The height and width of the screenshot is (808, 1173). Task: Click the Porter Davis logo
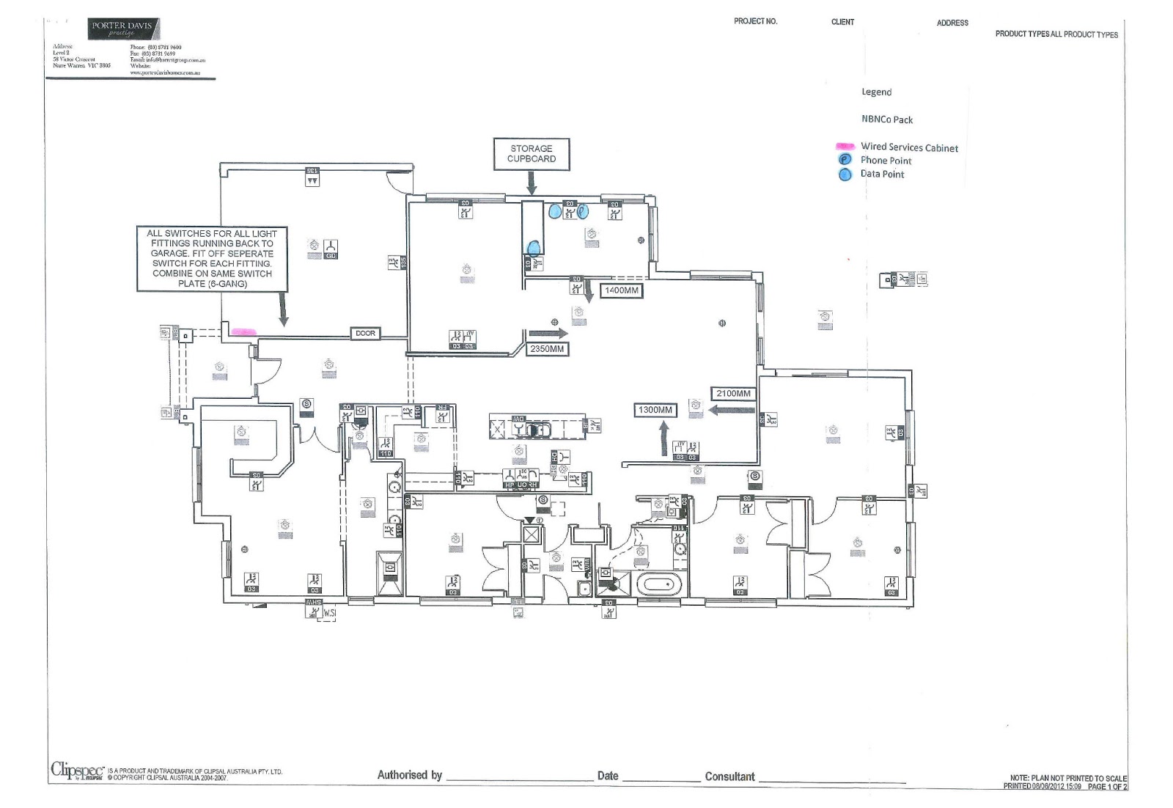(122, 29)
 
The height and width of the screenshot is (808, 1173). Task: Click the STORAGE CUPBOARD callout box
(532, 154)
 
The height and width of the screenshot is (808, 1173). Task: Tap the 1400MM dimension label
(621, 290)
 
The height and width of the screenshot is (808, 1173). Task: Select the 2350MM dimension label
(547, 349)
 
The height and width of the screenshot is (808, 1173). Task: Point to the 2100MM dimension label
(733, 394)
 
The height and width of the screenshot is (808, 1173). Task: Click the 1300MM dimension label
(655, 410)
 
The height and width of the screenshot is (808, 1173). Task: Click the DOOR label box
(365, 334)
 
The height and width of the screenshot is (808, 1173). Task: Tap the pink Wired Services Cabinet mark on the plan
(243, 332)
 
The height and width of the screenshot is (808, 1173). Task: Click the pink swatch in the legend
(845, 147)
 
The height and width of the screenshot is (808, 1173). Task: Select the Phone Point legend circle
(845, 160)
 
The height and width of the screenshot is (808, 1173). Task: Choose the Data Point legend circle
(845, 175)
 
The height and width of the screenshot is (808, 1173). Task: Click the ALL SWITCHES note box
(212, 259)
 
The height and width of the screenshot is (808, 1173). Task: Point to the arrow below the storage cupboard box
(532, 183)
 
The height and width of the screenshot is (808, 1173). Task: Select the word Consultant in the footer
(729, 776)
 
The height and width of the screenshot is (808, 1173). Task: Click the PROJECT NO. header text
(755, 21)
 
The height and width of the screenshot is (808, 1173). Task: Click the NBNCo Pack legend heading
(887, 120)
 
